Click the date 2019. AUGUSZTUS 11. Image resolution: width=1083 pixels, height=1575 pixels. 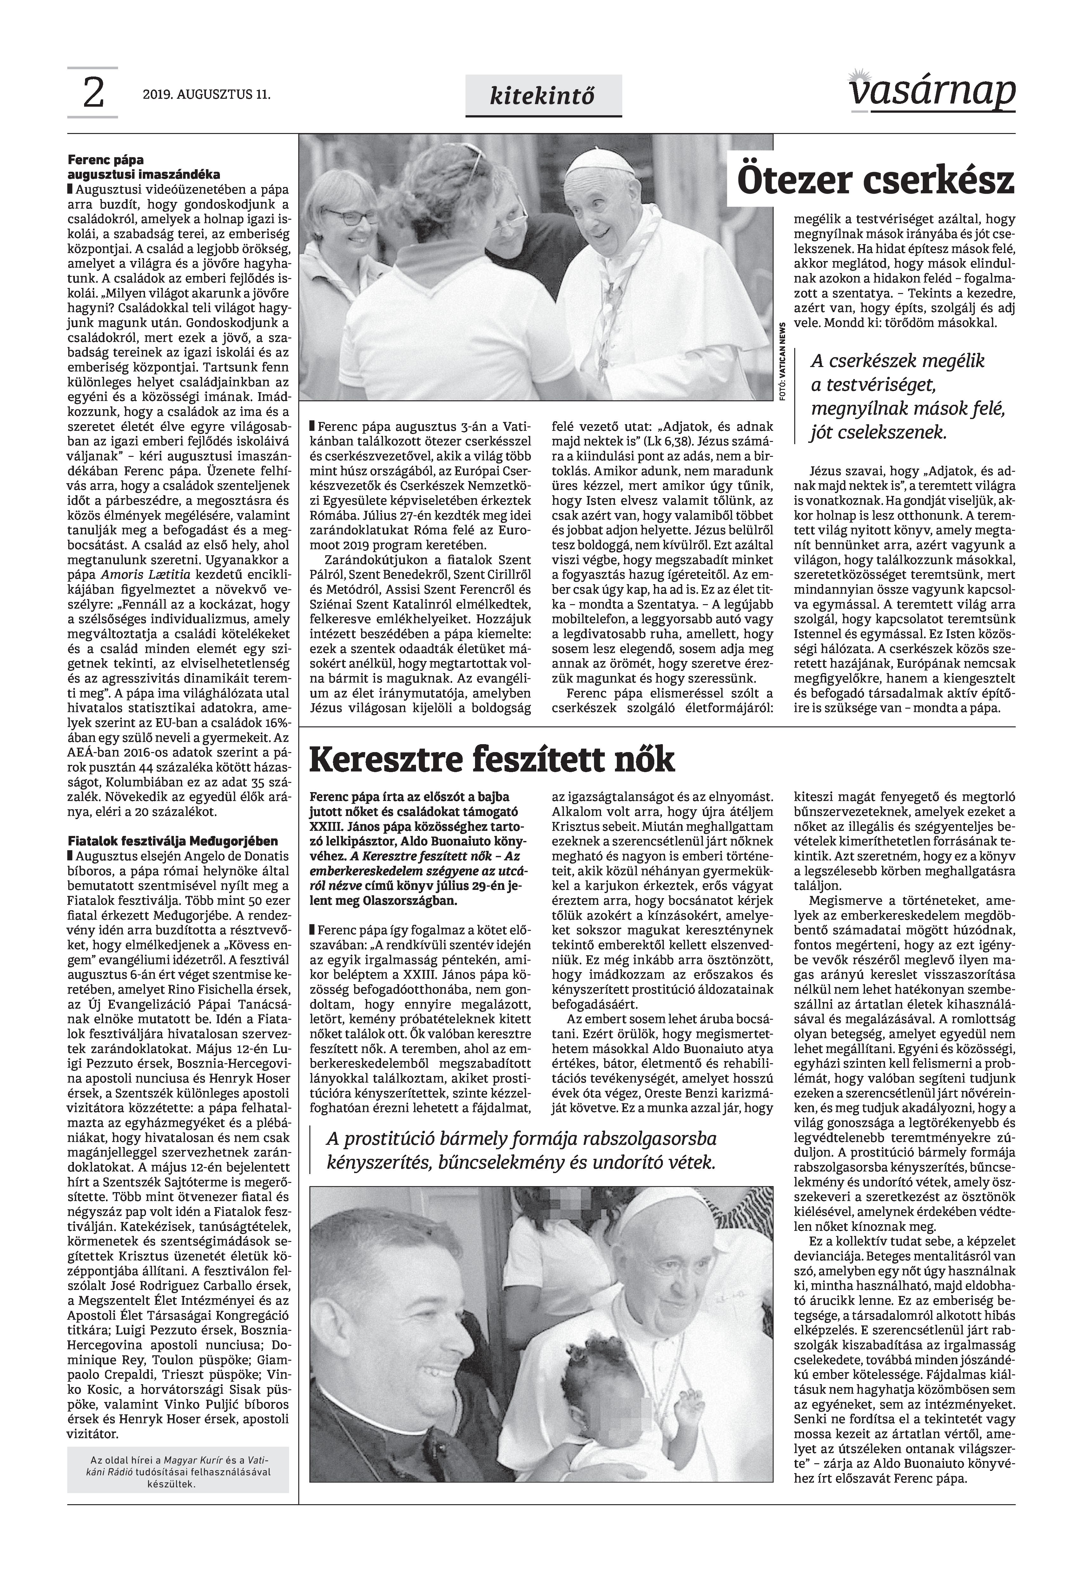(x=207, y=95)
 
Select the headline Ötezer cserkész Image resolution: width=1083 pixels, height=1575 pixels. (x=875, y=180)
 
